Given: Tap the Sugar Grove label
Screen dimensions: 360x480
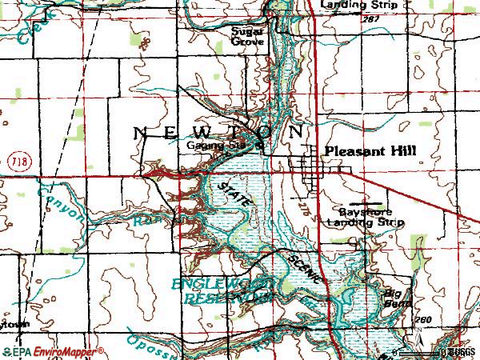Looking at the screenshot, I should click(x=248, y=37).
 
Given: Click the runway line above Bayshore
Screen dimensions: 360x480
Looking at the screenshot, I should click(x=364, y=203).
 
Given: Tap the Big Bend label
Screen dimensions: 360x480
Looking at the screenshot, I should click(x=398, y=298).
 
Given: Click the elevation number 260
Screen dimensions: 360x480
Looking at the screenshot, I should click(x=423, y=321).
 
